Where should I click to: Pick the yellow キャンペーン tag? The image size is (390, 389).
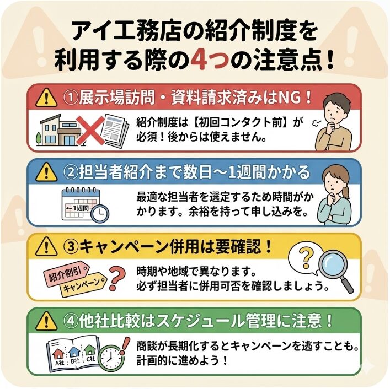pos(83,285)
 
